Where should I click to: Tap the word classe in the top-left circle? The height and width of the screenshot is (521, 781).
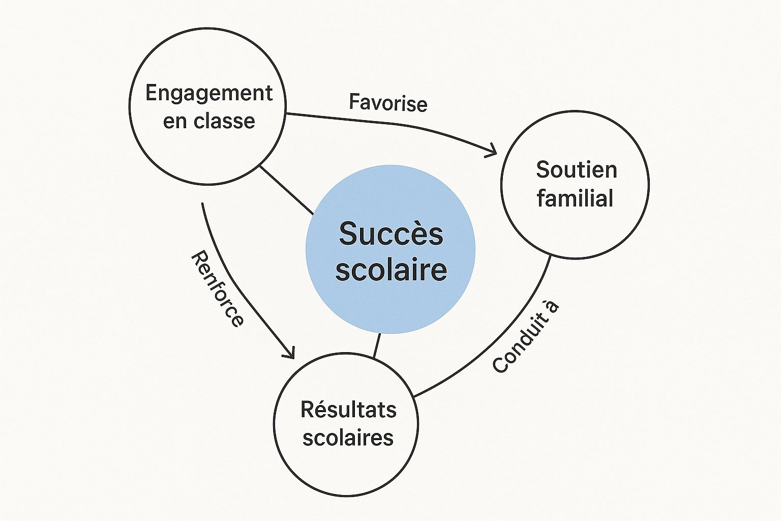click(224, 121)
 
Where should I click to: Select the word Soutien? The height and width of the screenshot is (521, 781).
click(576, 170)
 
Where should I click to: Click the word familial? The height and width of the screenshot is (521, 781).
click(575, 198)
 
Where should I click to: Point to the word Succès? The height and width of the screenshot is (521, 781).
click(390, 234)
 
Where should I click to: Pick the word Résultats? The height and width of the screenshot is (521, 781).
click(348, 410)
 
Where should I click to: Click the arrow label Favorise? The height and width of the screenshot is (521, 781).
click(388, 103)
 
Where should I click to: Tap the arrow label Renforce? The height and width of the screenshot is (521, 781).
click(217, 288)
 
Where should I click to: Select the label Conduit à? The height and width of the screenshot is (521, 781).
click(526, 337)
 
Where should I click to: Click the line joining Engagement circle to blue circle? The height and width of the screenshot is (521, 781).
click(286, 190)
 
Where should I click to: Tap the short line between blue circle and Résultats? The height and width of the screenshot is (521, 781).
click(377, 345)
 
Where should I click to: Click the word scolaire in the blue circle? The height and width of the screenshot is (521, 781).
click(391, 269)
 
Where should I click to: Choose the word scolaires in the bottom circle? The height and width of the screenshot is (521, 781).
click(348, 438)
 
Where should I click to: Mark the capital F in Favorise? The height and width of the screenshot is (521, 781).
click(354, 102)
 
